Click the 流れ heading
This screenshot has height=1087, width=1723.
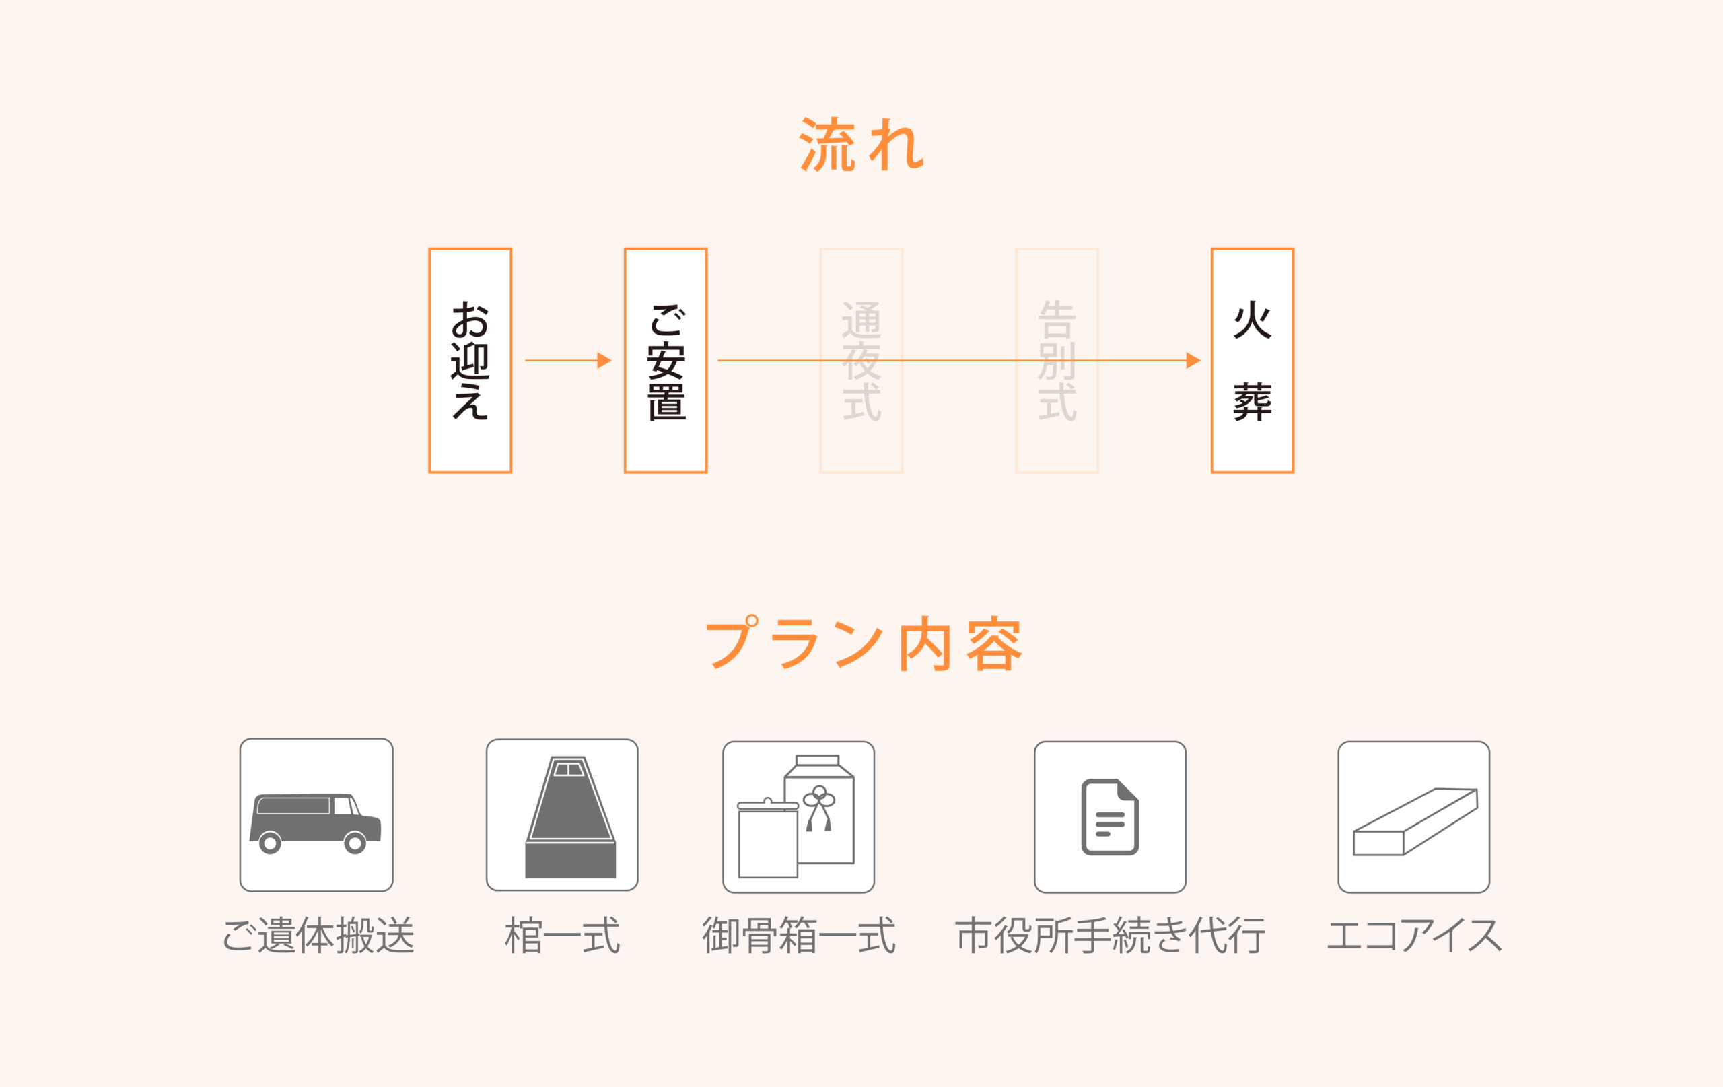click(x=861, y=144)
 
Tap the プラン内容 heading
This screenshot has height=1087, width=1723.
click(x=864, y=643)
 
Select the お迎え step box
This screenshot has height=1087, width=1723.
click(x=470, y=360)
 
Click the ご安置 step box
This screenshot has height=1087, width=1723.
click(x=666, y=360)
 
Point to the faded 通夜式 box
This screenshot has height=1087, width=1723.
click(x=861, y=360)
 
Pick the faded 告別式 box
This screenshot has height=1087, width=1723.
click(x=1057, y=360)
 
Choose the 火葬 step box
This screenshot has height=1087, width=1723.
click(x=1252, y=360)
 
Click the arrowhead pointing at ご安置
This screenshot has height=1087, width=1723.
click(x=604, y=360)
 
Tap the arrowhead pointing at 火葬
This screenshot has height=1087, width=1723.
click(x=1193, y=360)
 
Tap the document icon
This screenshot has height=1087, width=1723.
click(x=1110, y=816)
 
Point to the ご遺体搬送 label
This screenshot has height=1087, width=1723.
click(x=318, y=936)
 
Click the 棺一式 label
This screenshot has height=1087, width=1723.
click(x=563, y=936)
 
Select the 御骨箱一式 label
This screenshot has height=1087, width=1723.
click(x=798, y=936)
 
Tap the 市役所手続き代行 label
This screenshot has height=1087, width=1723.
click(x=1110, y=936)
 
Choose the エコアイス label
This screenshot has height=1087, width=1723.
click(x=1414, y=936)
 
